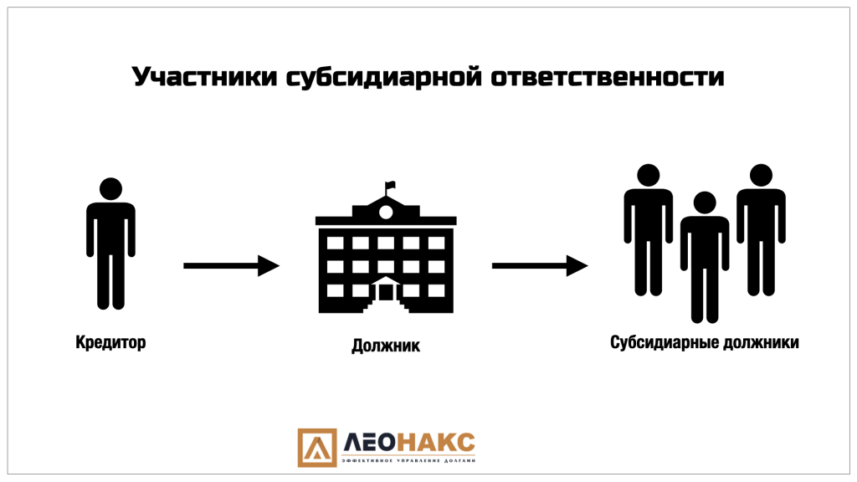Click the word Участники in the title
coord(205,77)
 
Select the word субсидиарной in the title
coord(384,77)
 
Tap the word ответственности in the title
coord(608,77)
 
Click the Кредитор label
coord(111,342)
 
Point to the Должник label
coord(386,346)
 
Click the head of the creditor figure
coord(111,188)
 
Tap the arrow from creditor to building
coord(232,265)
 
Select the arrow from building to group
coord(540,265)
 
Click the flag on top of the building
coord(390,187)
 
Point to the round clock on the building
coord(386,212)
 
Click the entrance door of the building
coord(386,292)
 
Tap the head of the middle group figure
coord(705,203)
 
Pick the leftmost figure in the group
coord(649,230)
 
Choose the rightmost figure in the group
coord(762,230)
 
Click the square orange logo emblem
coord(317,448)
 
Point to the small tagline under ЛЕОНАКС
coord(408,461)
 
